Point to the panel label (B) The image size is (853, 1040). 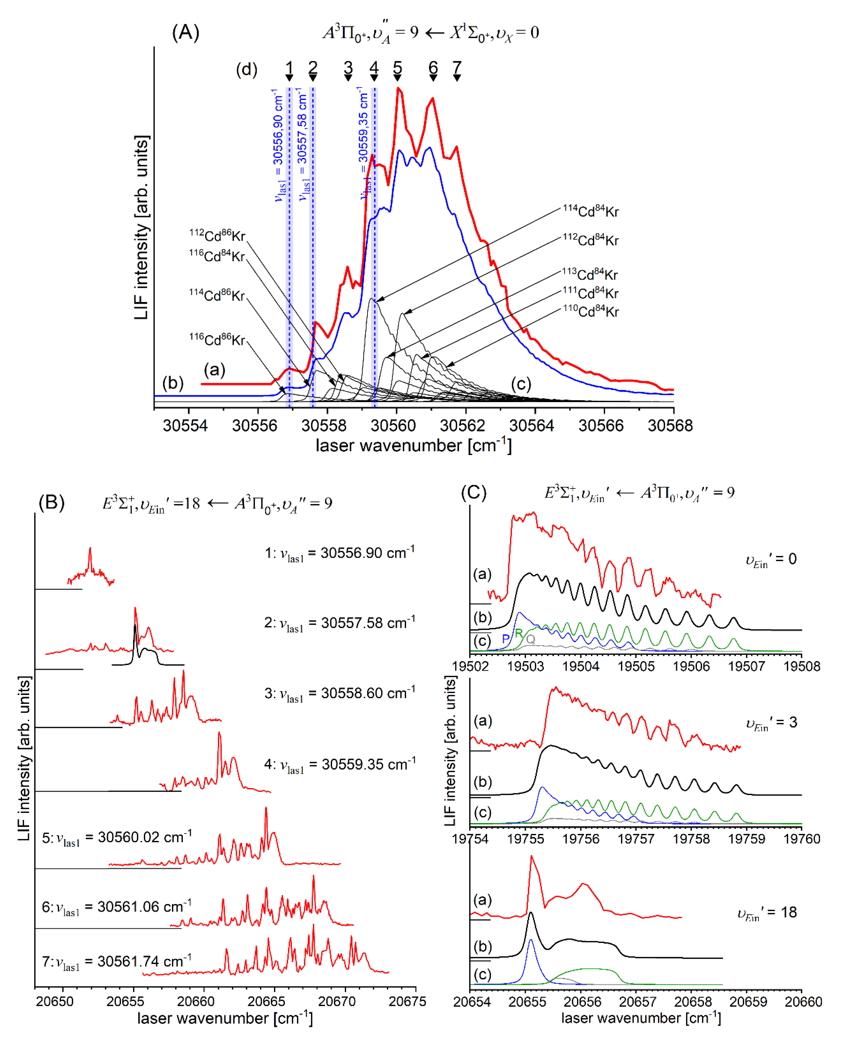pyautogui.click(x=52, y=503)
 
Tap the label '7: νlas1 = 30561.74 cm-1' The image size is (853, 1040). pyautogui.click(x=116, y=961)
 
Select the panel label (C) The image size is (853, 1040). pyautogui.click(x=473, y=492)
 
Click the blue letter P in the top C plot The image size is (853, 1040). pyautogui.click(x=506, y=639)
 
